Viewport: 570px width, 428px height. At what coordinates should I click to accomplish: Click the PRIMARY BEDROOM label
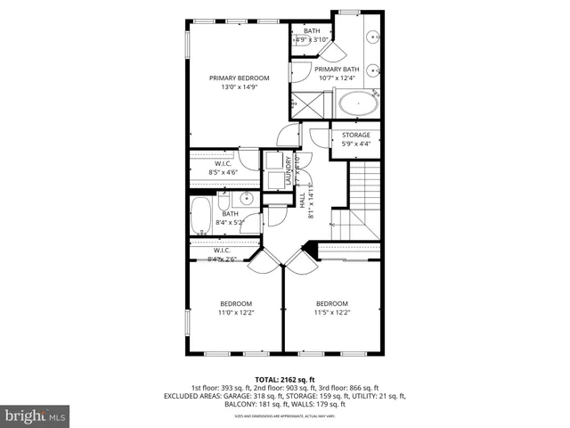pos(239,78)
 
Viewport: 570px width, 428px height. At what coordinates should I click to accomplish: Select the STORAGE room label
pos(356,136)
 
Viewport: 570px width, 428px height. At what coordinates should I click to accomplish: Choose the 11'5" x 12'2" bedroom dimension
pos(331,313)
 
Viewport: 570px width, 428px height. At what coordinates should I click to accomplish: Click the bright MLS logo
pos(35,416)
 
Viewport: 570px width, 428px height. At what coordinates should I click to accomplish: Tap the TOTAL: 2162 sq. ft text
pos(285,379)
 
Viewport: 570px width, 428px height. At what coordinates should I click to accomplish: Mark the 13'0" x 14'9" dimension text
pos(239,87)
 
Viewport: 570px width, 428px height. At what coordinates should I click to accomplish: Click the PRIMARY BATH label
pos(337,70)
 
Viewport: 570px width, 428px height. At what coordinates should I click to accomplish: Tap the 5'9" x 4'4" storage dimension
pos(356,144)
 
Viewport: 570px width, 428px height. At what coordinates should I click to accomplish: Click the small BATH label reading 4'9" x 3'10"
pos(312,32)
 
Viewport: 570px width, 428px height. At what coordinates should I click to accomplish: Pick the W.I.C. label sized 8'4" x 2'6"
pos(222,251)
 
